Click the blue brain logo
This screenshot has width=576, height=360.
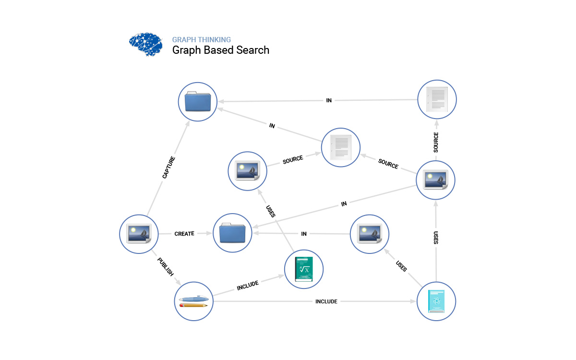(x=146, y=45)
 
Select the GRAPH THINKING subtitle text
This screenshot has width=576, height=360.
(x=202, y=40)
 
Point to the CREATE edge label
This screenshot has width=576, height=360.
(x=184, y=234)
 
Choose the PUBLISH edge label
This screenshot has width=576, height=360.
(x=165, y=267)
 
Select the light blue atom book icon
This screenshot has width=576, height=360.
(x=436, y=301)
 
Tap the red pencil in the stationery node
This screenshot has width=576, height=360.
(x=193, y=305)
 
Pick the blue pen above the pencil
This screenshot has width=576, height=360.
(x=193, y=299)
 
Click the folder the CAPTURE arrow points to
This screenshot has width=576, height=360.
(x=197, y=101)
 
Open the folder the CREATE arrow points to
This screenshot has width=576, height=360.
(x=232, y=233)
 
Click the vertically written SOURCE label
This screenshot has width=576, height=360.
(x=436, y=143)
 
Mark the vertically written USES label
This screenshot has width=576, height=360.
(x=436, y=238)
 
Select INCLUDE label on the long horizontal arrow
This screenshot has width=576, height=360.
(x=326, y=301)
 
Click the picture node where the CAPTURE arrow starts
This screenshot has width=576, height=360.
(x=139, y=234)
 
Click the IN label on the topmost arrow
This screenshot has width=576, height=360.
(x=329, y=101)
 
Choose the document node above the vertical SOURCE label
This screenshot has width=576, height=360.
(x=437, y=99)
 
